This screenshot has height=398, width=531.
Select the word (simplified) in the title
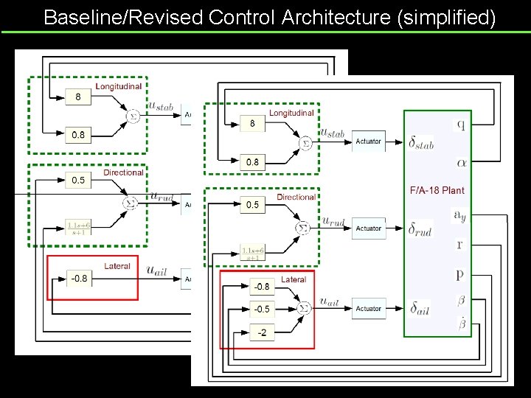445,17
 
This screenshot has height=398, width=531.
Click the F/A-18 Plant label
437,190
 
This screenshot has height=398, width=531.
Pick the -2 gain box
262,332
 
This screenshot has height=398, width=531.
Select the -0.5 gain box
262,309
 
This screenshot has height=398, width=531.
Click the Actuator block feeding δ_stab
368,142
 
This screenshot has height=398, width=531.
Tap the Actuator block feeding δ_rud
368,228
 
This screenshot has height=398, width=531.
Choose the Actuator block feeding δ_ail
368,308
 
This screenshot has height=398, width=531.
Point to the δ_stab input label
420,143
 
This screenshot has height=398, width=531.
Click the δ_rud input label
420,229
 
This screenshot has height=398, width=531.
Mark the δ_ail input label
420,309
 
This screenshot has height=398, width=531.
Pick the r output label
460,245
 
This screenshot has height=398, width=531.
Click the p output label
460,274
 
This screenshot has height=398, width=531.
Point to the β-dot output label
462,322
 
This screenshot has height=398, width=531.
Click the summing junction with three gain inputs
302,308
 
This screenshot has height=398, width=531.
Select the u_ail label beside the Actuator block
330,301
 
